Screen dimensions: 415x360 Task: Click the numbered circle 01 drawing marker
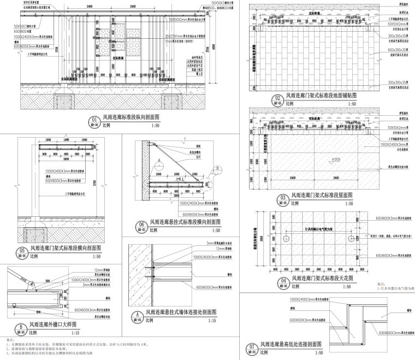click(94, 120)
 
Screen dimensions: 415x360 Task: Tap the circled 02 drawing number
click(278, 99)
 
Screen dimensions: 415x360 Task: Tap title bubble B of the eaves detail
click(20, 329)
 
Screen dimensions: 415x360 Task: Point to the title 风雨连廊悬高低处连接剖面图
click(290, 344)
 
